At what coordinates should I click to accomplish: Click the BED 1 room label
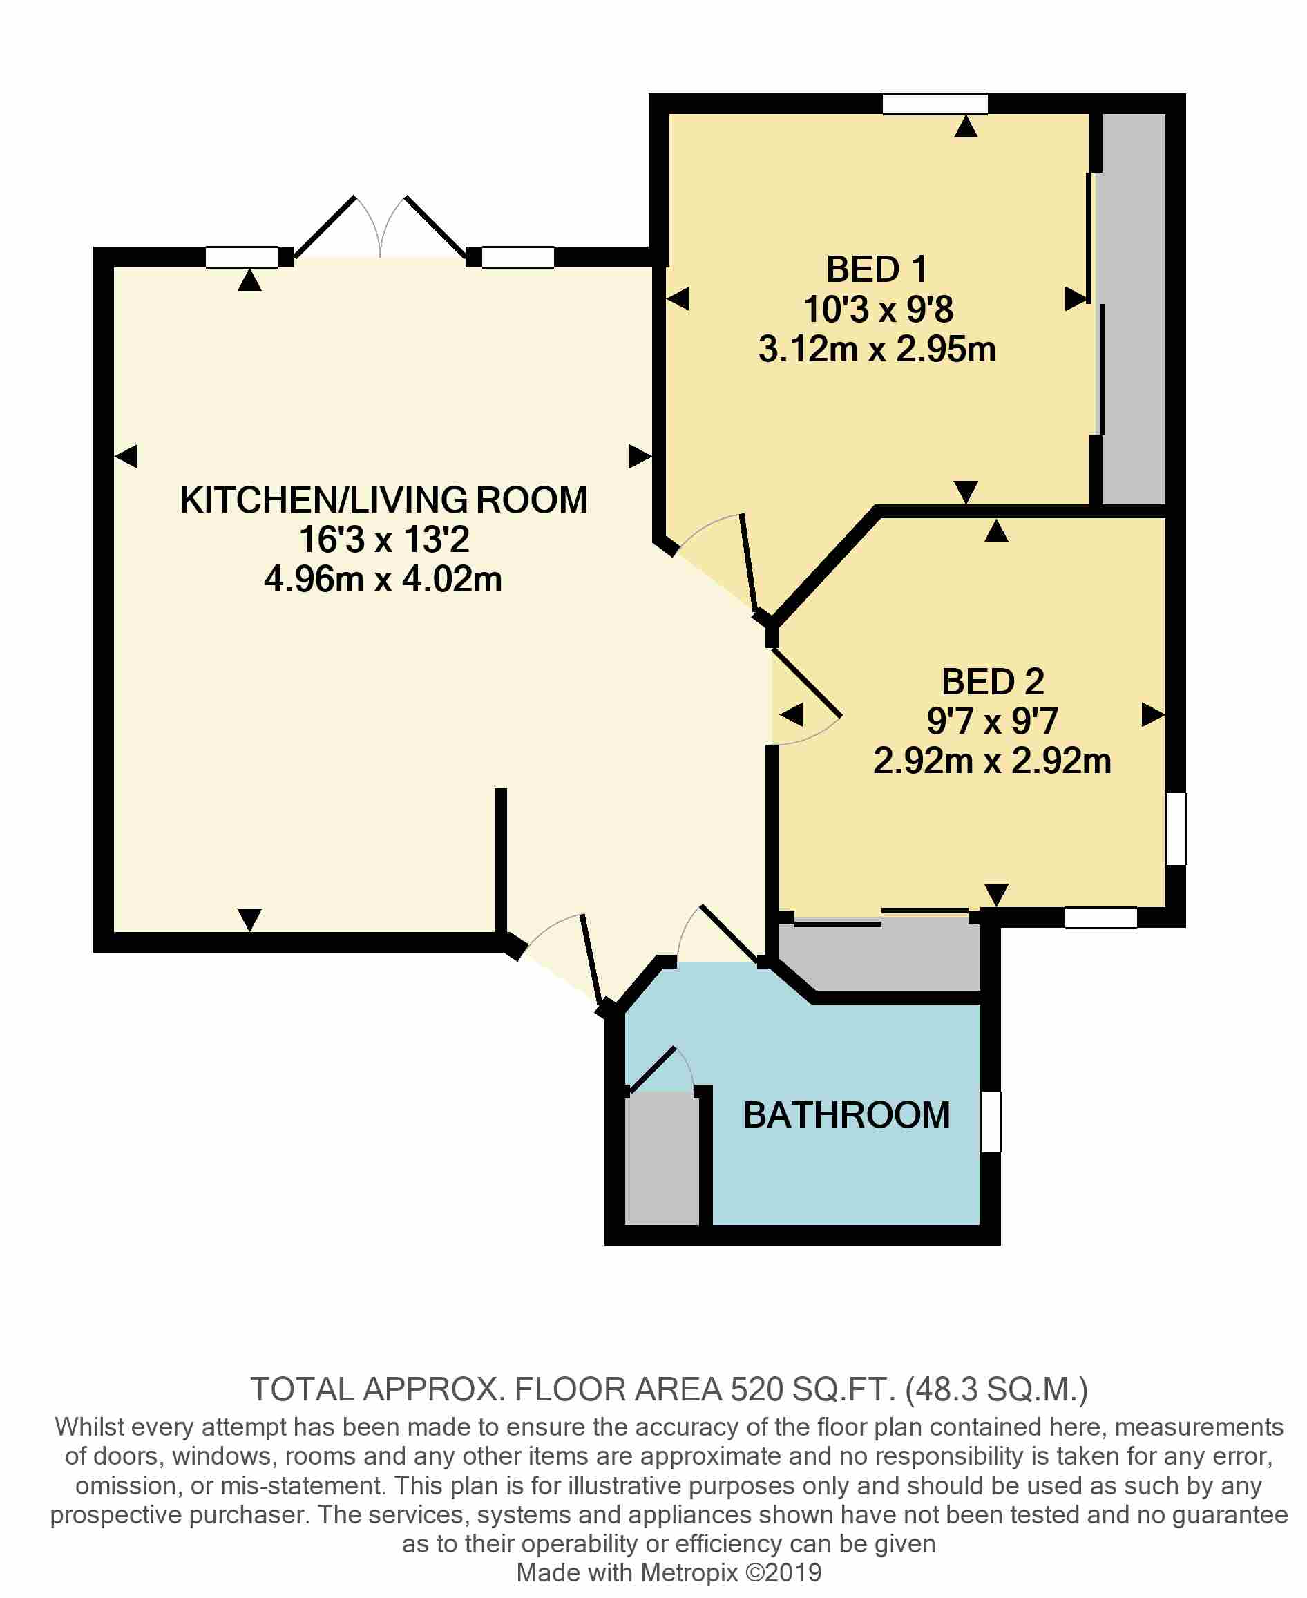click(x=877, y=269)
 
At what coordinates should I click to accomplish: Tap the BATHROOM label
click(x=846, y=1114)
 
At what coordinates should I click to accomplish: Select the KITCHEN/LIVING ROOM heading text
click(x=383, y=500)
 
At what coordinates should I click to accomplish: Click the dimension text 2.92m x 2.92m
click(x=991, y=761)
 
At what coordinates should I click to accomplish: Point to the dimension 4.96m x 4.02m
click(x=383, y=579)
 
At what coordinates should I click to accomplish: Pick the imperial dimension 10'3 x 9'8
click(x=878, y=310)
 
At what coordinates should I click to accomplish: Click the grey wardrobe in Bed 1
click(x=1133, y=309)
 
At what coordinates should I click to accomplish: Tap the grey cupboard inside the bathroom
click(x=662, y=1159)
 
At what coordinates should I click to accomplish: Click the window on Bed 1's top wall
click(x=935, y=104)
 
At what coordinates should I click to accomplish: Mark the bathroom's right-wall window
click(x=991, y=1121)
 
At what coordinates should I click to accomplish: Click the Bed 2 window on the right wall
click(x=1176, y=828)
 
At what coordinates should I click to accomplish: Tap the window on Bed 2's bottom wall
click(x=1100, y=917)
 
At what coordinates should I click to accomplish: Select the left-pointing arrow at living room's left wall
click(x=126, y=455)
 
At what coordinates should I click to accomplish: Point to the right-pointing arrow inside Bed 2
click(x=1153, y=714)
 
